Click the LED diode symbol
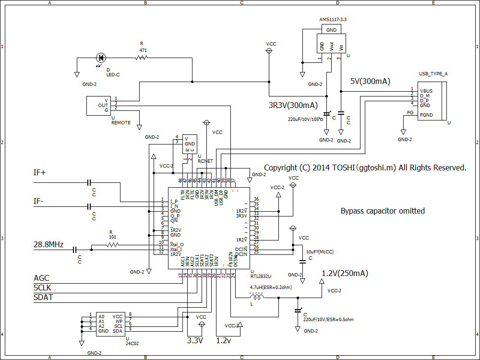tap(101, 58)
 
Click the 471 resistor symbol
tap(142, 58)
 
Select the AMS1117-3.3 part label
tap(333, 20)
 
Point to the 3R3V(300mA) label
tap(293, 105)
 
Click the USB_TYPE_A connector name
tap(433, 74)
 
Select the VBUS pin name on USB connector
tap(426, 90)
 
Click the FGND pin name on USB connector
tap(426, 115)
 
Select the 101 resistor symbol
tap(112, 245)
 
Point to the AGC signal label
tap(41, 278)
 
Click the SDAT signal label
tap(43, 298)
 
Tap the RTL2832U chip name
tap(261, 276)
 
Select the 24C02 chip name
tap(132, 343)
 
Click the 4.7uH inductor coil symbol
tap(258, 298)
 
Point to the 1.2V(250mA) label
tap(345, 274)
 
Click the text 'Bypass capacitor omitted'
tap(383, 211)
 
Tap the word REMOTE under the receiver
tap(121, 122)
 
